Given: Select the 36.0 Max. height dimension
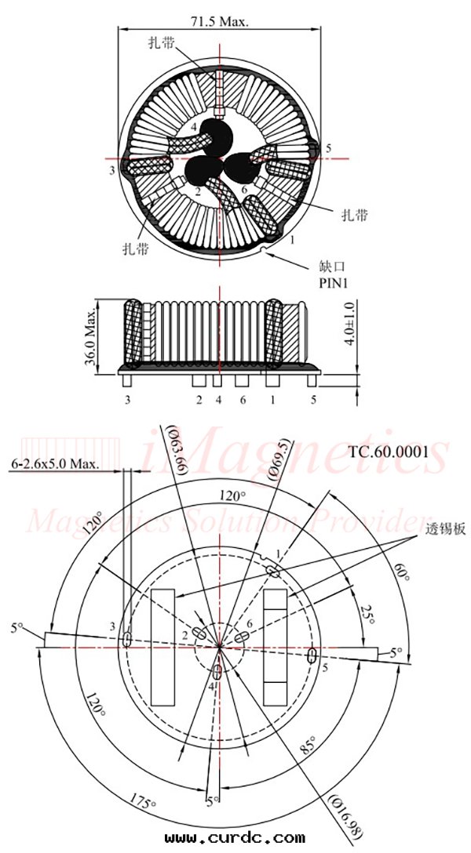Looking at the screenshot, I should [91, 335].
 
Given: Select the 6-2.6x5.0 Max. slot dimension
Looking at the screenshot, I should [55, 463].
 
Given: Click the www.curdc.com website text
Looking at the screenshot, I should [235, 838].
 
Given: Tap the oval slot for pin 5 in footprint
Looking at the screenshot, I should [312, 654].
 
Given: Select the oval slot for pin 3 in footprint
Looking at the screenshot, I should [126, 640].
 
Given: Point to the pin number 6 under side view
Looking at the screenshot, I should [243, 400].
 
